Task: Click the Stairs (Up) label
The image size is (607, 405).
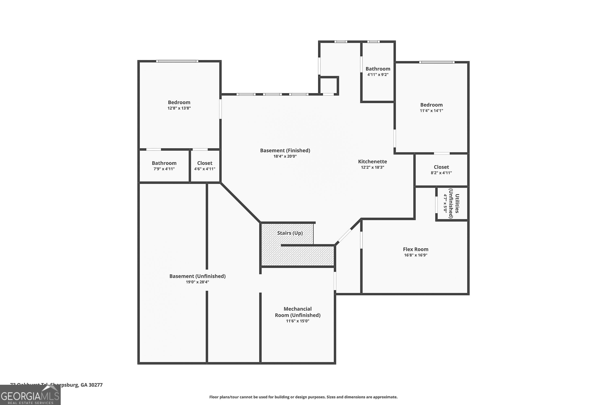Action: tap(290, 233)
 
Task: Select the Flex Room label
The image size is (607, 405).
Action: tap(416, 249)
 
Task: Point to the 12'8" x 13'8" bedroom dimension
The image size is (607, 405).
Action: tap(179, 108)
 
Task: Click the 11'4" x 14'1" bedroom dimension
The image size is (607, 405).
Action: tap(431, 111)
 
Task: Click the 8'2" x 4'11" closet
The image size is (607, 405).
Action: tap(441, 170)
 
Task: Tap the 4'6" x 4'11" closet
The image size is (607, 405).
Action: tap(205, 166)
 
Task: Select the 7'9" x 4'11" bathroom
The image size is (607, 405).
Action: tap(164, 166)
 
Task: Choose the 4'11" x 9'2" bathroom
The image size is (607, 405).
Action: tap(378, 71)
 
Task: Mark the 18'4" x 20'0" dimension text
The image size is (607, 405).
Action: tap(285, 156)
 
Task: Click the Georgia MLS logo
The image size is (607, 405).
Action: tap(30, 395)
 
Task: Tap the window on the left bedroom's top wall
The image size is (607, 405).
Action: tap(177, 61)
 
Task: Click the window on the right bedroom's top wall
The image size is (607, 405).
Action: tap(437, 62)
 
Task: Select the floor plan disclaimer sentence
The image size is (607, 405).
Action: tap(303, 397)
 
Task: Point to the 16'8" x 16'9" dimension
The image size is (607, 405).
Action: tap(416, 255)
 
